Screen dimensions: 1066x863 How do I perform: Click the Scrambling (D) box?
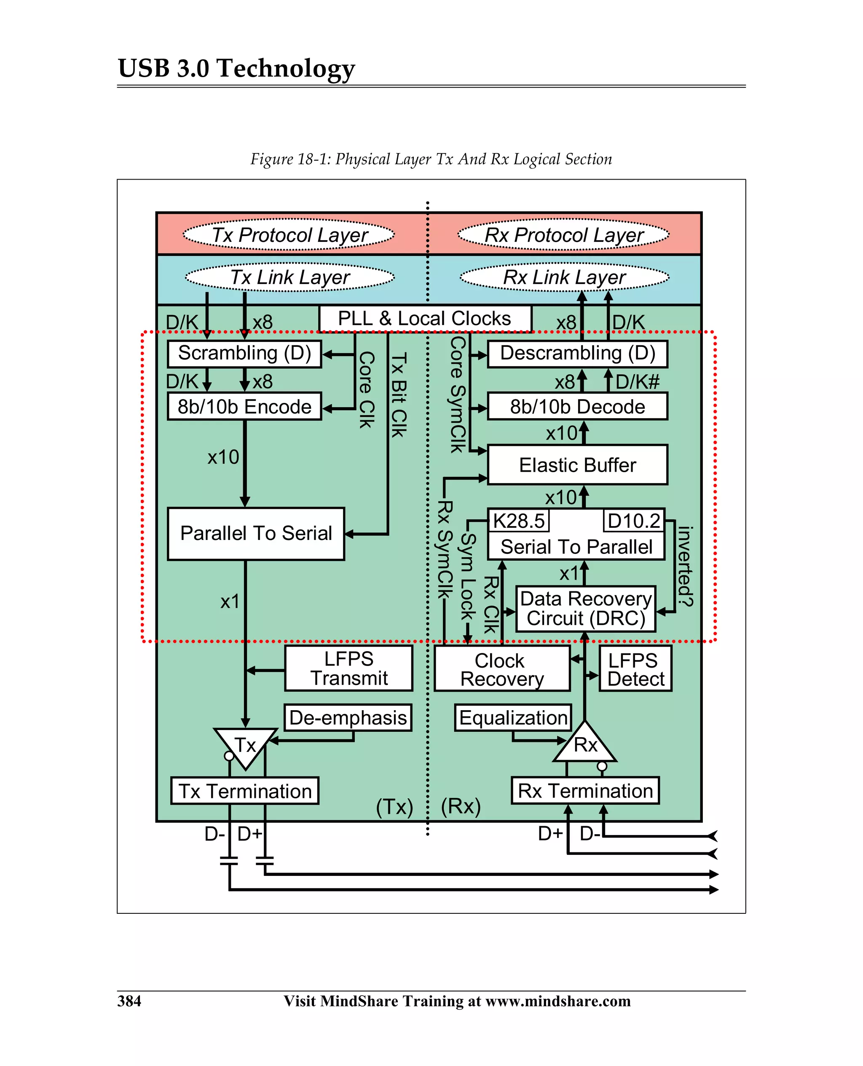click(x=244, y=354)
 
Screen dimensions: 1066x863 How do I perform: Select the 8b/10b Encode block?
click(x=244, y=407)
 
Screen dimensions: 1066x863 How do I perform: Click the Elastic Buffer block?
click(x=577, y=465)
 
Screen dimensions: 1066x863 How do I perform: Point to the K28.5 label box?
click(x=518, y=521)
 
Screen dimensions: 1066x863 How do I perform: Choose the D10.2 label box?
click(x=633, y=521)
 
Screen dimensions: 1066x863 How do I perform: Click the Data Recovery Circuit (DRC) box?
click(x=586, y=609)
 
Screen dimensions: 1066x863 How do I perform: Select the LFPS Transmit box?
click(x=348, y=668)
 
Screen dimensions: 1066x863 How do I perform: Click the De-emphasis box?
click(x=348, y=717)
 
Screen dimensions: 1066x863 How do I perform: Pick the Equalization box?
click(x=513, y=717)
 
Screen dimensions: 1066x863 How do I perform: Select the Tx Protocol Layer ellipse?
click(x=289, y=235)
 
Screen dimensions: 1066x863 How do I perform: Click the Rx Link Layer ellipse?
click(x=564, y=277)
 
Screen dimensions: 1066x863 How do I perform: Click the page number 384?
click(x=129, y=1000)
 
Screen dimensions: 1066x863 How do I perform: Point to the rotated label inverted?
click(x=685, y=567)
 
